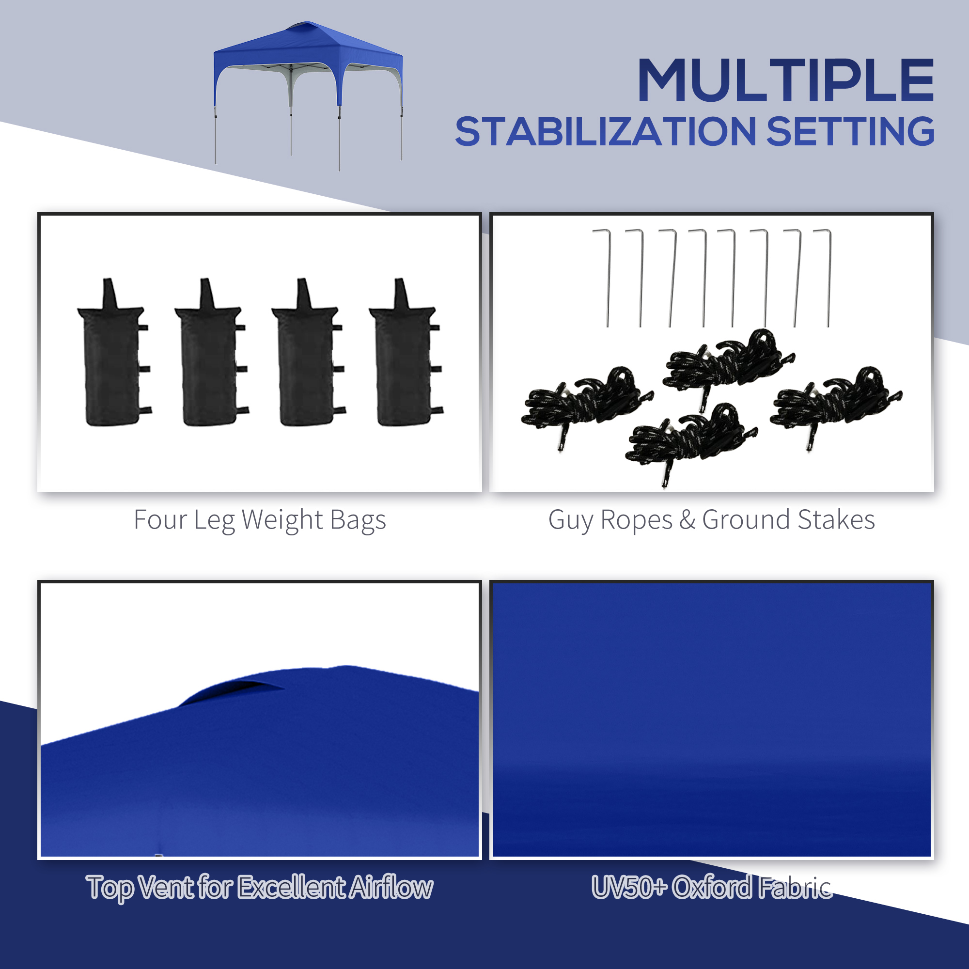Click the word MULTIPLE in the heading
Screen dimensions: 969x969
785,80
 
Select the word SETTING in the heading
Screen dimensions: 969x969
851,131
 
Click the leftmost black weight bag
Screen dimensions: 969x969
114,353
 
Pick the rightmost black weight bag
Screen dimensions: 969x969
406,353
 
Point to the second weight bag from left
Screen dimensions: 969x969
211,353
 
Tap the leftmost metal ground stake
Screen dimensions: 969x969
604,279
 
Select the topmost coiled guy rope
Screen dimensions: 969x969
729,366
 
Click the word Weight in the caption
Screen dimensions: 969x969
282,520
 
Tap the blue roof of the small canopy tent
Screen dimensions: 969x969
308,47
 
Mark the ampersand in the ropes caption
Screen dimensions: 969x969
688,520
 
